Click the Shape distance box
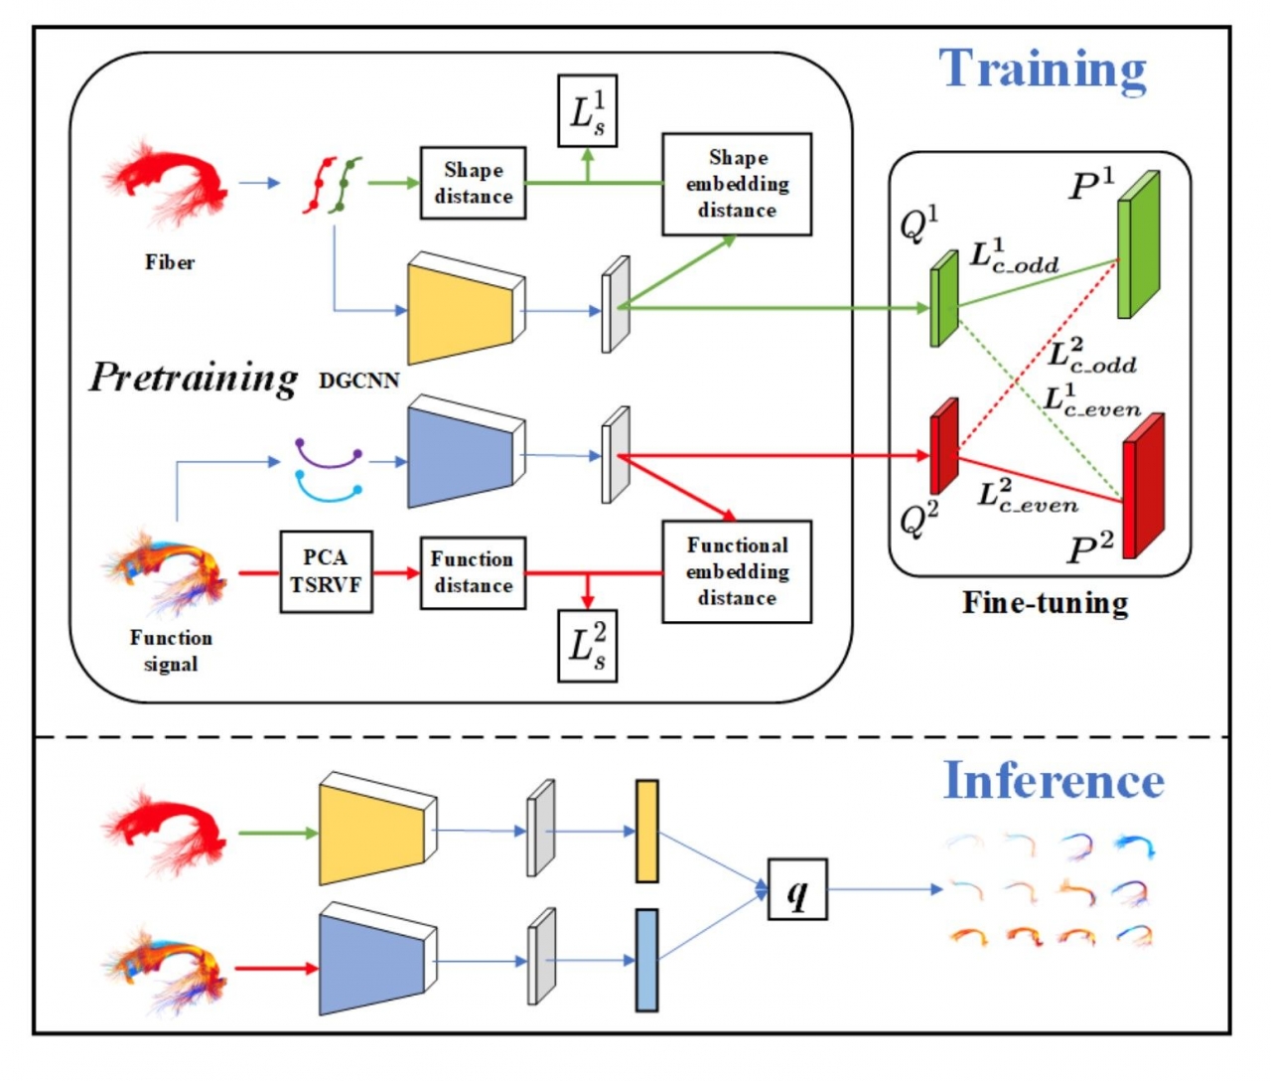click(473, 183)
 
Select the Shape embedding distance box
click(737, 184)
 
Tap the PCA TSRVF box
click(326, 571)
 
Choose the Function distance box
click(473, 572)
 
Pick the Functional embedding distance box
click(737, 571)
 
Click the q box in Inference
click(797, 889)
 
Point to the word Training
click(1043, 70)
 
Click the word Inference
click(1054, 780)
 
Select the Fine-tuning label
click(1045, 603)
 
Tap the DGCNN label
click(359, 381)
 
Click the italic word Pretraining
click(194, 378)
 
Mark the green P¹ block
click(1138, 245)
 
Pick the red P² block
click(1142, 485)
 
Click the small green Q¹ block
click(943, 298)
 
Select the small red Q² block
click(943, 446)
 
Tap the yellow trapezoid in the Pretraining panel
click(462, 310)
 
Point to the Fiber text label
click(170, 262)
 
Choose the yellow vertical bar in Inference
click(646, 832)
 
